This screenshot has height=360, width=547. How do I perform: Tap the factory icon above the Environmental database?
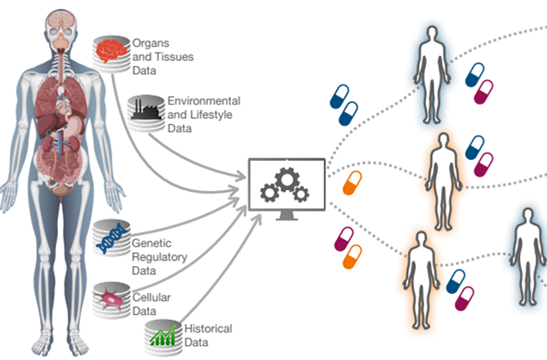(143, 106)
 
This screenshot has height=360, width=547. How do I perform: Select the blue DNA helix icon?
(111, 239)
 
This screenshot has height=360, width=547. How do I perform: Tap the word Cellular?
(152, 296)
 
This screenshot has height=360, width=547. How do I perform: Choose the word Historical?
(209, 329)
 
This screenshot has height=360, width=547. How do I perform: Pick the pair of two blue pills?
(344, 100)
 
